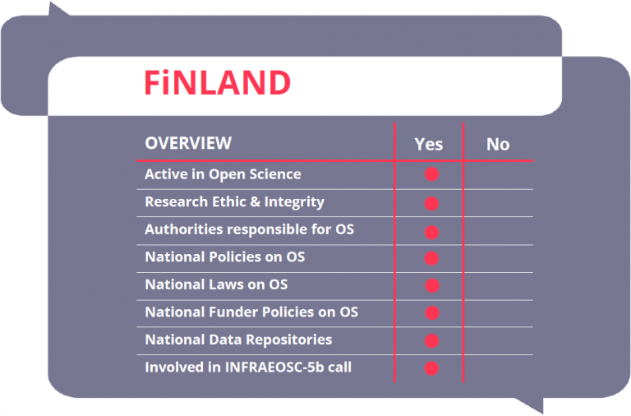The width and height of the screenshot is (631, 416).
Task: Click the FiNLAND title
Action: (x=217, y=82)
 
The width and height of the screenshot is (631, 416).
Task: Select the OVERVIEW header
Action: (x=188, y=143)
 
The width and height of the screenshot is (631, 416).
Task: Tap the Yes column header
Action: (x=429, y=144)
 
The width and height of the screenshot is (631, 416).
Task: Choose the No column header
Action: (x=498, y=144)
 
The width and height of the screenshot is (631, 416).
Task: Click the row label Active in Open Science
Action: (x=223, y=174)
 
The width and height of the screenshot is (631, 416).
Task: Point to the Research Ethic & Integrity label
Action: (x=235, y=202)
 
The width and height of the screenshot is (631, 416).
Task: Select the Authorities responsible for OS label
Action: (x=250, y=229)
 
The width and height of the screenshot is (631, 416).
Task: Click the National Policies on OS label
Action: (x=225, y=257)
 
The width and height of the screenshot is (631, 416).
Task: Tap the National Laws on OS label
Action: (x=217, y=284)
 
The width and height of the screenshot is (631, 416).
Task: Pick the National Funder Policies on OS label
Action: (x=251, y=312)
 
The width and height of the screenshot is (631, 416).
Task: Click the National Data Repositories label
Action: (x=238, y=340)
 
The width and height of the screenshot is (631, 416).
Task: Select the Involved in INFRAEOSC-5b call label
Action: (x=248, y=367)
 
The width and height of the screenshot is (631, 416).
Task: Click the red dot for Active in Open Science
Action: (x=431, y=174)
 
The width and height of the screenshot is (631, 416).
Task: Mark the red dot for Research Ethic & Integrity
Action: (x=431, y=203)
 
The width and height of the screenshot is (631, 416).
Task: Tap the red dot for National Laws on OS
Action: (x=432, y=285)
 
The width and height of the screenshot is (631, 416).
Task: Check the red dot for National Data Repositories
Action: (x=431, y=340)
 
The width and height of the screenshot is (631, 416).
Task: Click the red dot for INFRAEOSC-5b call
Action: (x=431, y=368)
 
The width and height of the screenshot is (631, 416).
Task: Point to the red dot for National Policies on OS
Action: (x=431, y=258)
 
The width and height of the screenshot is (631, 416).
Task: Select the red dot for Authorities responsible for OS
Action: (x=431, y=233)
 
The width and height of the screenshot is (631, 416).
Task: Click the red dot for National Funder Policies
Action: (x=432, y=312)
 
